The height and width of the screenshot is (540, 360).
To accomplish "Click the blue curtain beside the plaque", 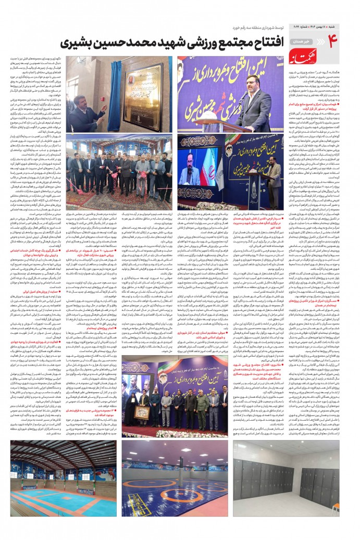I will click(x=115, y=86).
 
